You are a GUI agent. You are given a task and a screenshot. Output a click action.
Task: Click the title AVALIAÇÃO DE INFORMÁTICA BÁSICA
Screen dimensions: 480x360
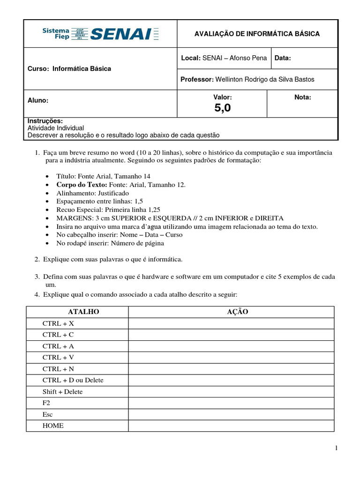point(257,34)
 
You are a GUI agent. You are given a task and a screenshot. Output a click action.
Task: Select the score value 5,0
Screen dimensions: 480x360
point(223,108)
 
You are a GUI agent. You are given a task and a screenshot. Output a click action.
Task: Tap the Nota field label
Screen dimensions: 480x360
point(302,97)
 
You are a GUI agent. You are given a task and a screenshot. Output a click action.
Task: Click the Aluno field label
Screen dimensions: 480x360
point(38,100)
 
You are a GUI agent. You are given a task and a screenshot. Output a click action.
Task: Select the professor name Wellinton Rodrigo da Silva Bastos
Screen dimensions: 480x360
point(264,79)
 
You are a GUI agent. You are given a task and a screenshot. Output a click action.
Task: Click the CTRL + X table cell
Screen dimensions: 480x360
point(58,323)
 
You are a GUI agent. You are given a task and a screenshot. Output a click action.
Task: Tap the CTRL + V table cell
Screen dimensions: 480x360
point(58,357)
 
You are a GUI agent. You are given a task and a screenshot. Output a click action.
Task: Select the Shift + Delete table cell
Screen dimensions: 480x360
point(62,391)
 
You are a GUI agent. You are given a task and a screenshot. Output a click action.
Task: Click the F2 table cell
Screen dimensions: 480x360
point(46,403)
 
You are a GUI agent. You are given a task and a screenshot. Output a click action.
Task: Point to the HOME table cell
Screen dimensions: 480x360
point(53,426)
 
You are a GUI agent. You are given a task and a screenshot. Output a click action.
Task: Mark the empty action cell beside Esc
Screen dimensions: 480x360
point(231,414)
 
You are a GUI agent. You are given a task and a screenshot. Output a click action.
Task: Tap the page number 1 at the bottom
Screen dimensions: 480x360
point(336,449)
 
